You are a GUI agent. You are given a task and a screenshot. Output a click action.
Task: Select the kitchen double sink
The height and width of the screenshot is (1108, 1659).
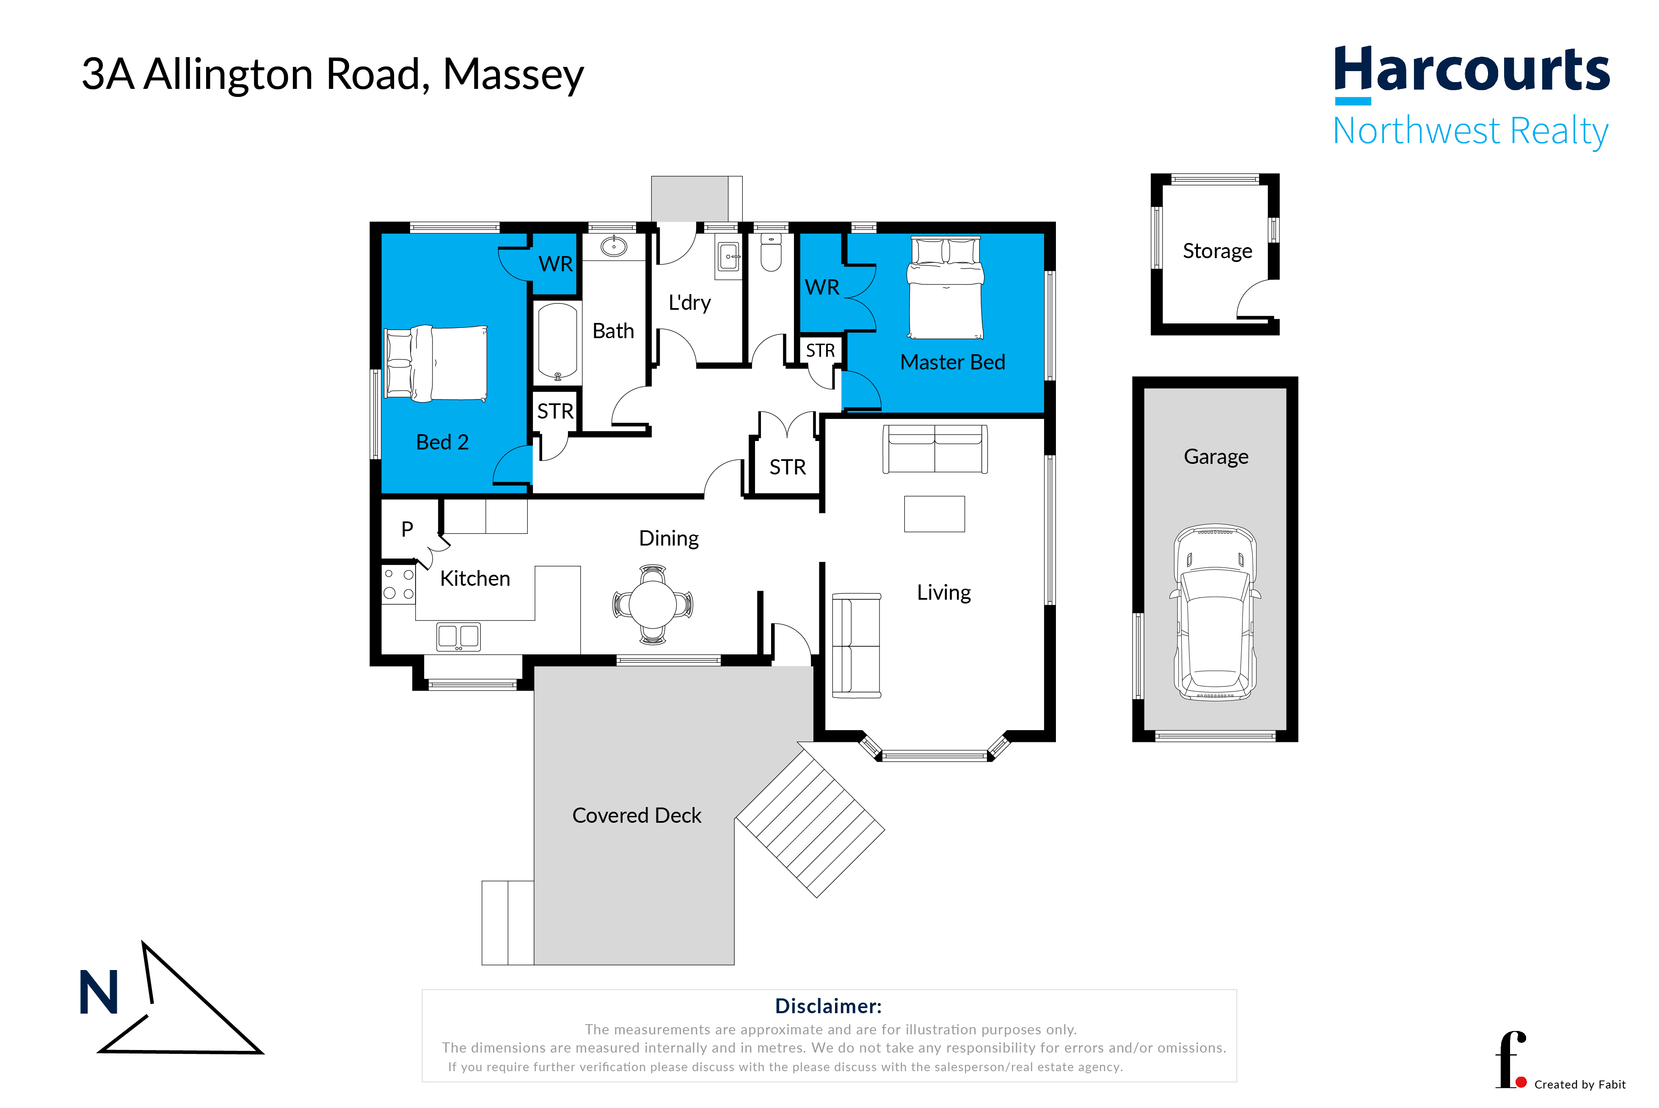click(458, 636)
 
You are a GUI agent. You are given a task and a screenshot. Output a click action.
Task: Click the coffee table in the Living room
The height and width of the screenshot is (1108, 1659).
click(934, 514)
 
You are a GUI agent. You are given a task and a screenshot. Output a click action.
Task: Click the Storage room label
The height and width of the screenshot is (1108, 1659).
click(1217, 251)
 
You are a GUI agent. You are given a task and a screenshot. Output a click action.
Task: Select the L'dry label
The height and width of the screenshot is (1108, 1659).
click(689, 303)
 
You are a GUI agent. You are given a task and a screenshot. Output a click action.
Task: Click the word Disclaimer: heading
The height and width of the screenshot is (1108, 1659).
click(828, 1006)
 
